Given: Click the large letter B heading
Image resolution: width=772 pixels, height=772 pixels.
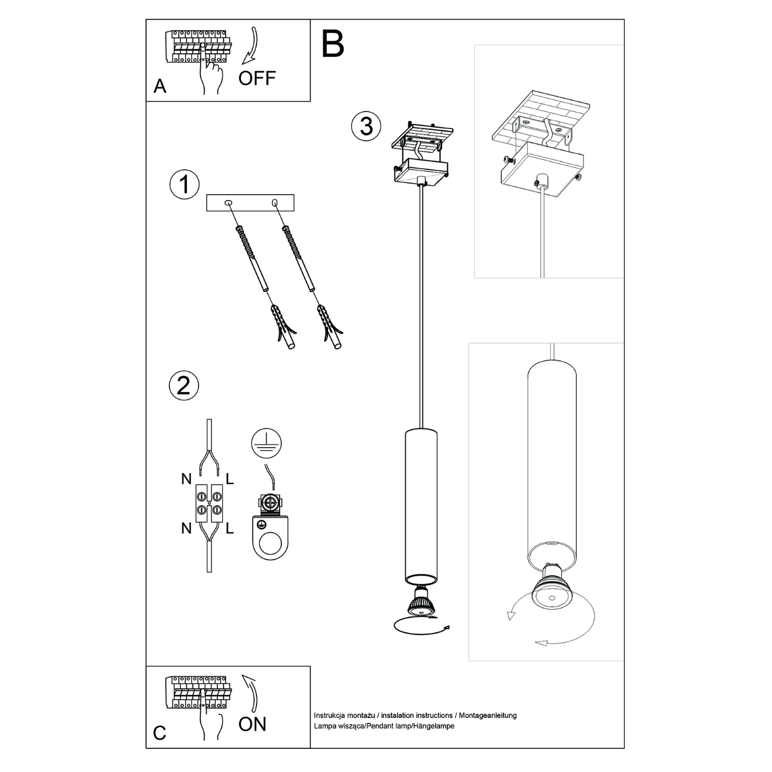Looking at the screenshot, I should tap(333, 44).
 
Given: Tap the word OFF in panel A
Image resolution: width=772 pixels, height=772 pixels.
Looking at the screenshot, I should tap(256, 78).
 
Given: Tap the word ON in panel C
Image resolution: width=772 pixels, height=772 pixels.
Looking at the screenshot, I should tap(253, 723).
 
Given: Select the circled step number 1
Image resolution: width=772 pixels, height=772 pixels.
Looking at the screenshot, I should tap(184, 185).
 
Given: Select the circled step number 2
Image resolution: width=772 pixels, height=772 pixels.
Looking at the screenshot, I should tap(184, 384).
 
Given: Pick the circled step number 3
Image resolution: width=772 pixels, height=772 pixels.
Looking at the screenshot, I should tap(366, 126).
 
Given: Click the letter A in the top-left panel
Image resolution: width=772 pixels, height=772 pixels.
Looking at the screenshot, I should tap(160, 87).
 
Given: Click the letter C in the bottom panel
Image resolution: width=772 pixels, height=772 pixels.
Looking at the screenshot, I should tap(159, 733).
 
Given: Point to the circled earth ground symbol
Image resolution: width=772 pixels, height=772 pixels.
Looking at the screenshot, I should tap(266, 443).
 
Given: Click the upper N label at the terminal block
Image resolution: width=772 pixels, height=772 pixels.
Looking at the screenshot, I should tap(186, 479).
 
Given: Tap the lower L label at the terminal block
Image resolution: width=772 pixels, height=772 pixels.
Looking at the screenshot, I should tap(230, 529).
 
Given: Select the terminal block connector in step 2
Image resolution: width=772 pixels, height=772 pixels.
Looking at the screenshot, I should tap(209, 503).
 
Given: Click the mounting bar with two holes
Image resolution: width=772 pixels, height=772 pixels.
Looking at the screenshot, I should tap(250, 203).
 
